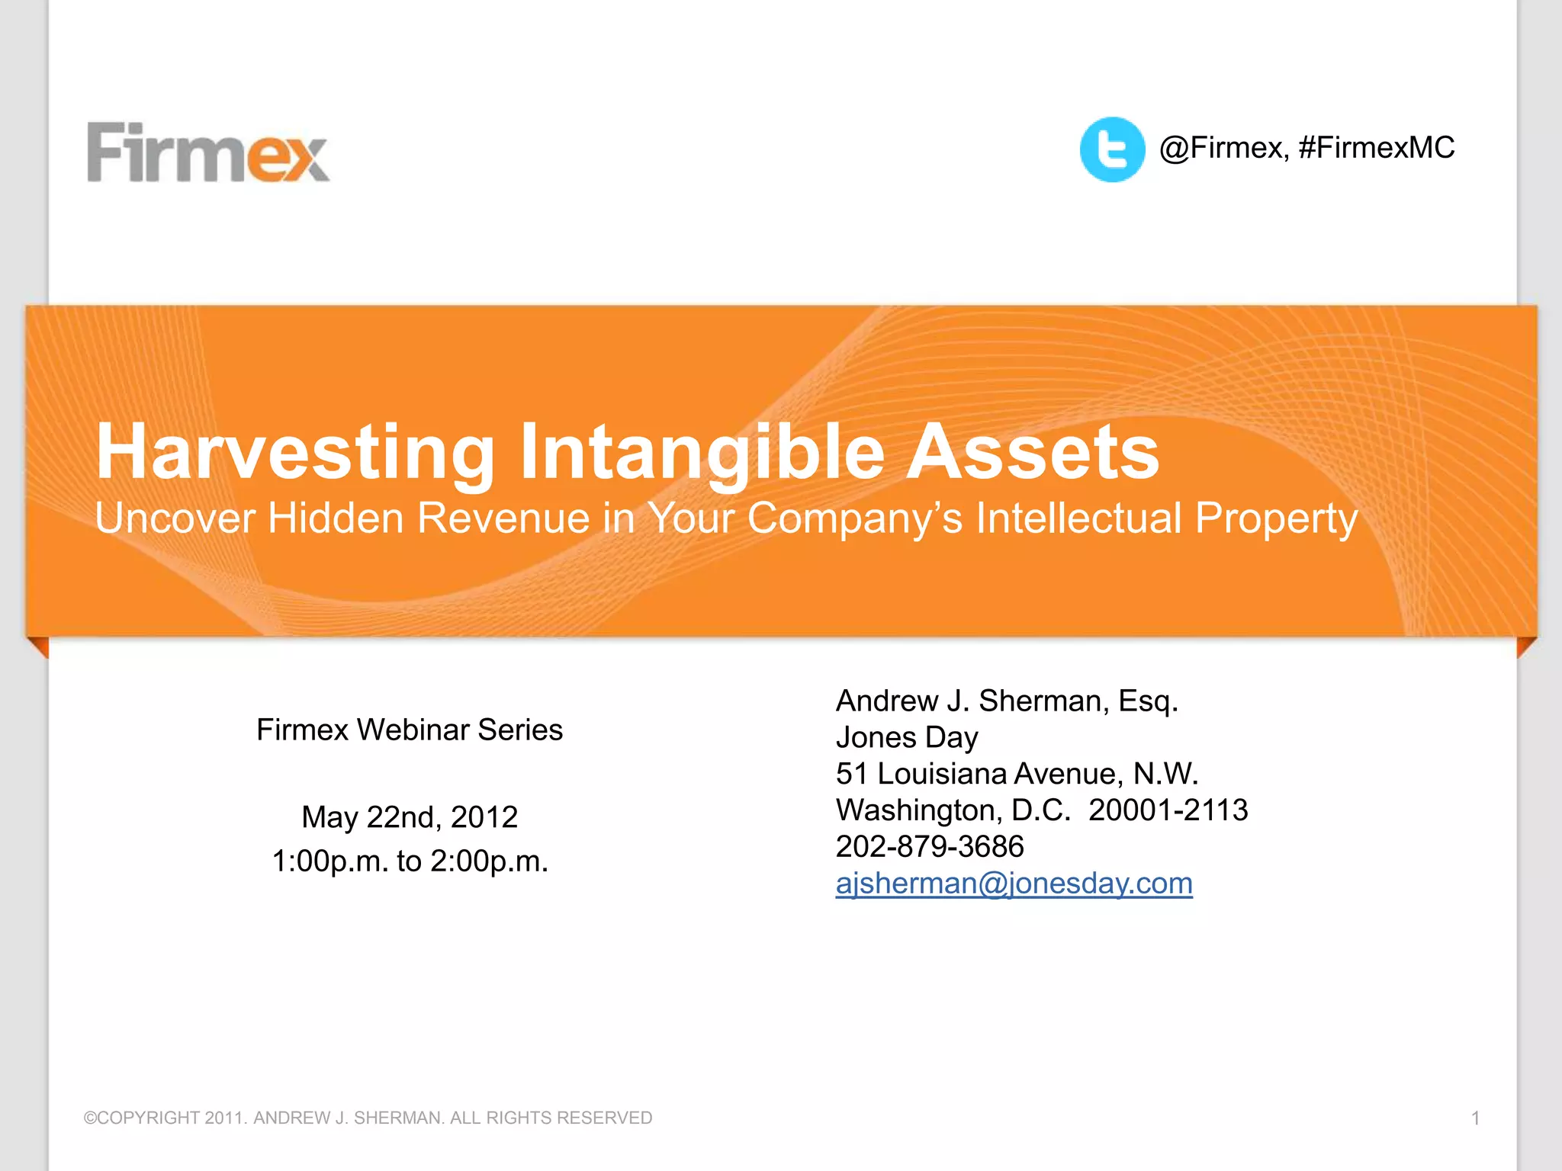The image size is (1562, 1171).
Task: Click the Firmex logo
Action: pos(208,152)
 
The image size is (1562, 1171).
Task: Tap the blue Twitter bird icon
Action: pos(1112,149)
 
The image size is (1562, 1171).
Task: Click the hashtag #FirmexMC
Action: pos(1376,147)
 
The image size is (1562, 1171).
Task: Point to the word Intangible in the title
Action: pos(702,453)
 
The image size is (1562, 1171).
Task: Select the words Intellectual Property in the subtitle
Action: pos(1167,518)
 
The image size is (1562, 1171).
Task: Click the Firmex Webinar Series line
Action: pos(410,730)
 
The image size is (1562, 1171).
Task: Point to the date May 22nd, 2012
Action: pos(410,817)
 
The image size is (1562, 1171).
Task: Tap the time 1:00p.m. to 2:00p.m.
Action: pos(410,861)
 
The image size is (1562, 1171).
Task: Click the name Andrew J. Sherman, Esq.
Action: pos(1007,701)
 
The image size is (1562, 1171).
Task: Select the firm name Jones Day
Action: pos(907,737)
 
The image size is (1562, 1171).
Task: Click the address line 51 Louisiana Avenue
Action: pos(1017,774)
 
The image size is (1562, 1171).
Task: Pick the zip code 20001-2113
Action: pos(1168,810)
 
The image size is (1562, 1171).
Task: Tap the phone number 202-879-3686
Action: pos(930,846)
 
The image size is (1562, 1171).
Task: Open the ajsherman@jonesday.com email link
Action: pos(1014,883)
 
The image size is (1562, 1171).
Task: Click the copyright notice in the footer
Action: pos(368,1118)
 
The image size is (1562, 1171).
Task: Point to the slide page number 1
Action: pos(1475,1118)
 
